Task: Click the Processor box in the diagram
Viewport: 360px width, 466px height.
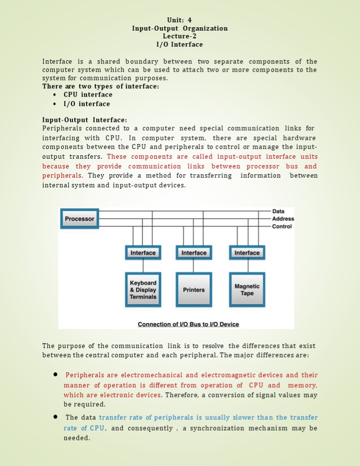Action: [79, 219]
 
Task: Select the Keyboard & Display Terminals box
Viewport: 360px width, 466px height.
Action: [143, 290]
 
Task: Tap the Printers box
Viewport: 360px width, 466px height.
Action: [194, 290]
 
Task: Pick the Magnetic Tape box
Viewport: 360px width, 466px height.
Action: [247, 290]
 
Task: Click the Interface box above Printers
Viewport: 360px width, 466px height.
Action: [194, 253]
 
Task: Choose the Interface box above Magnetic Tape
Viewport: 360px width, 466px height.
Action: [247, 253]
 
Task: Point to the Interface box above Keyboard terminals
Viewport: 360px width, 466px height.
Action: [143, 253]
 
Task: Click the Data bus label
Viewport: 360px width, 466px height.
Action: [278, 211]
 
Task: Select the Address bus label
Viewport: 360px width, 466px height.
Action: [283, 219]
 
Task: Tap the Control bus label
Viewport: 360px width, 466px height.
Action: [282, 226]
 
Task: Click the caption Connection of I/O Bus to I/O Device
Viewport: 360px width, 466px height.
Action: [189, 324]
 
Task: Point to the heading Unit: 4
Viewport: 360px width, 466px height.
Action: [179, 20]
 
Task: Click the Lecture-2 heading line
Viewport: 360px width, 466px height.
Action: [179, 36]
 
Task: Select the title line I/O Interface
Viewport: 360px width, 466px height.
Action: [179, 45]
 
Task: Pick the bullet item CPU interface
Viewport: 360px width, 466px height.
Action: [88, 95]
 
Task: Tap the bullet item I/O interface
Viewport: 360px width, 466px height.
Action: [87, 104]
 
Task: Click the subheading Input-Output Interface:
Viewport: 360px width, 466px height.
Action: [85, 120]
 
